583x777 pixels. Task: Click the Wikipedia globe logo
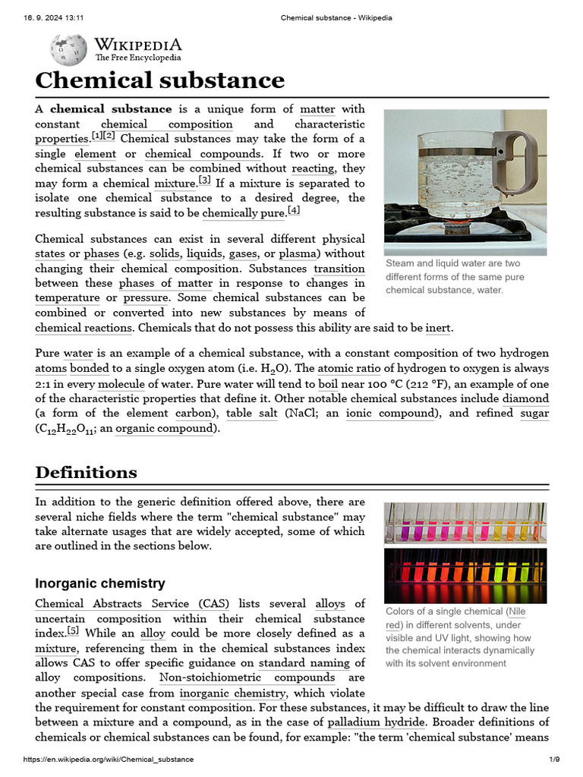point(68,49)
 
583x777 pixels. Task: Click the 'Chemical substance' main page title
point(160,80)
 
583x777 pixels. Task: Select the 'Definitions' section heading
point(86,472)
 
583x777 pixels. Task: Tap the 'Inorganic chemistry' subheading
point(100,584)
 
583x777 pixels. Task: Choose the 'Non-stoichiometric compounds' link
point(247,678)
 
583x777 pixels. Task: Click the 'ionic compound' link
point(391,414)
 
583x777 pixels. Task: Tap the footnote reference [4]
point(294,211)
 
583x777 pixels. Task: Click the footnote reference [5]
point(73,631)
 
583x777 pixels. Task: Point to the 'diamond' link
point(526,398)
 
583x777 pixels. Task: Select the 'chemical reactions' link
point(84,328)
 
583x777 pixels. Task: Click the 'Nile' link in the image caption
point(516,612)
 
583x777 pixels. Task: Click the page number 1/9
point(554,760)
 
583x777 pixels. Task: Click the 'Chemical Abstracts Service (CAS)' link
point(132,604)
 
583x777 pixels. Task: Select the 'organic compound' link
point(165,429)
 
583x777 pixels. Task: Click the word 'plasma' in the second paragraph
point(298,253)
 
